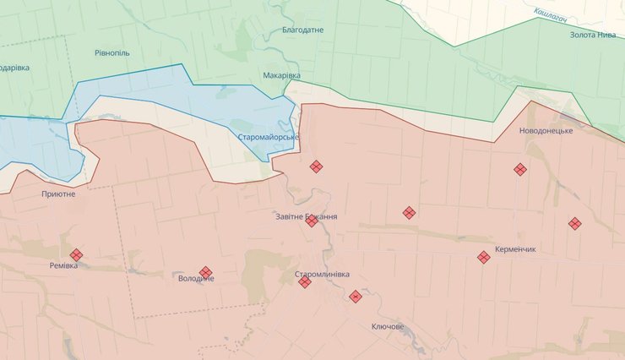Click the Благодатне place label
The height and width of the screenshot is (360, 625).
[303, 30]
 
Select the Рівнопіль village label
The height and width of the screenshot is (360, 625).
[112, 52]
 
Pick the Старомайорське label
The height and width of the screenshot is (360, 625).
[267, 137]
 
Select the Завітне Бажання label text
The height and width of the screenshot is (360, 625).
[307, 217]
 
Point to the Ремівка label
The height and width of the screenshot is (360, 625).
[63, 265]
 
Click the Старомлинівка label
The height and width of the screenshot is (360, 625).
[322, 275]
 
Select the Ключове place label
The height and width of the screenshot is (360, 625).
[388, 326]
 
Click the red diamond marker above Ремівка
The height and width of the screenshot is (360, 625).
[77, 254]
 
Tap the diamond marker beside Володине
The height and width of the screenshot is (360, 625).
[206, 272]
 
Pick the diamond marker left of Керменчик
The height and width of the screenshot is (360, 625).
[484, 257]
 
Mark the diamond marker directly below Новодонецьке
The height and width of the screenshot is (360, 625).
[520, 169]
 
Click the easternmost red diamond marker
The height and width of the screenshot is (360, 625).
[575, 223]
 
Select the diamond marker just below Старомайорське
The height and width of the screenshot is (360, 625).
[316, 166]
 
